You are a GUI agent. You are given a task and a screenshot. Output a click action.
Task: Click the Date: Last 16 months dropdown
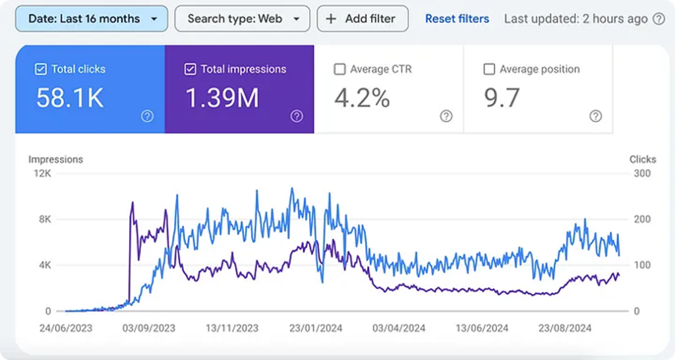[91, 18]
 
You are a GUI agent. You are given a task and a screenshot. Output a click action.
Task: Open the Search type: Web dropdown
[242, 18]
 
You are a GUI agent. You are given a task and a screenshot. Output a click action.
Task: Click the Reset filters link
[457, 19]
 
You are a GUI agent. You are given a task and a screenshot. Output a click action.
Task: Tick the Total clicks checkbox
[41, 69]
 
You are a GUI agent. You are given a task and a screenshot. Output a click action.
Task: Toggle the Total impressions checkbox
[191, 69]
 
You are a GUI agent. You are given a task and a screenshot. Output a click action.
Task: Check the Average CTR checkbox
[339, 69]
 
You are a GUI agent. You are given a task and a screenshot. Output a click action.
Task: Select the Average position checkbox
[489, 69]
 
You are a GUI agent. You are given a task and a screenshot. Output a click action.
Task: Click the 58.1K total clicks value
[70, 98]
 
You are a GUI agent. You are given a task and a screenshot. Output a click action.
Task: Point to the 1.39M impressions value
[222, 98]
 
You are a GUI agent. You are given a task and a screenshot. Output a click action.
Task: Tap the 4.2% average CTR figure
[362, 98]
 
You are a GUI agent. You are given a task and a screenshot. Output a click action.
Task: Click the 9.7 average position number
[502, 98]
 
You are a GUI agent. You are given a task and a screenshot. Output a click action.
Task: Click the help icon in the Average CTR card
[446, 116]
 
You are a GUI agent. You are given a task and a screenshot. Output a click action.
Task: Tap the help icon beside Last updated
[659, 19]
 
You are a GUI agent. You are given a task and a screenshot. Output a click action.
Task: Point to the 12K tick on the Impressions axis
[43, 173]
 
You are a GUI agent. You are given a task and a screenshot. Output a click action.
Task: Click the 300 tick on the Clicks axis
[642, 173]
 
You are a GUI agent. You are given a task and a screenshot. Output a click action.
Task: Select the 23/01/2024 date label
[316, 328]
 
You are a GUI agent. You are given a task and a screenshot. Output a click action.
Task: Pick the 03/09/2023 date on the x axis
[149, 328]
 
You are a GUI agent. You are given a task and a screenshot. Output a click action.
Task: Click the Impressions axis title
[55, 160]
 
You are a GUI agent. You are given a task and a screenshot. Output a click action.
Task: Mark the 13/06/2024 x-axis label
[482, 328]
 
